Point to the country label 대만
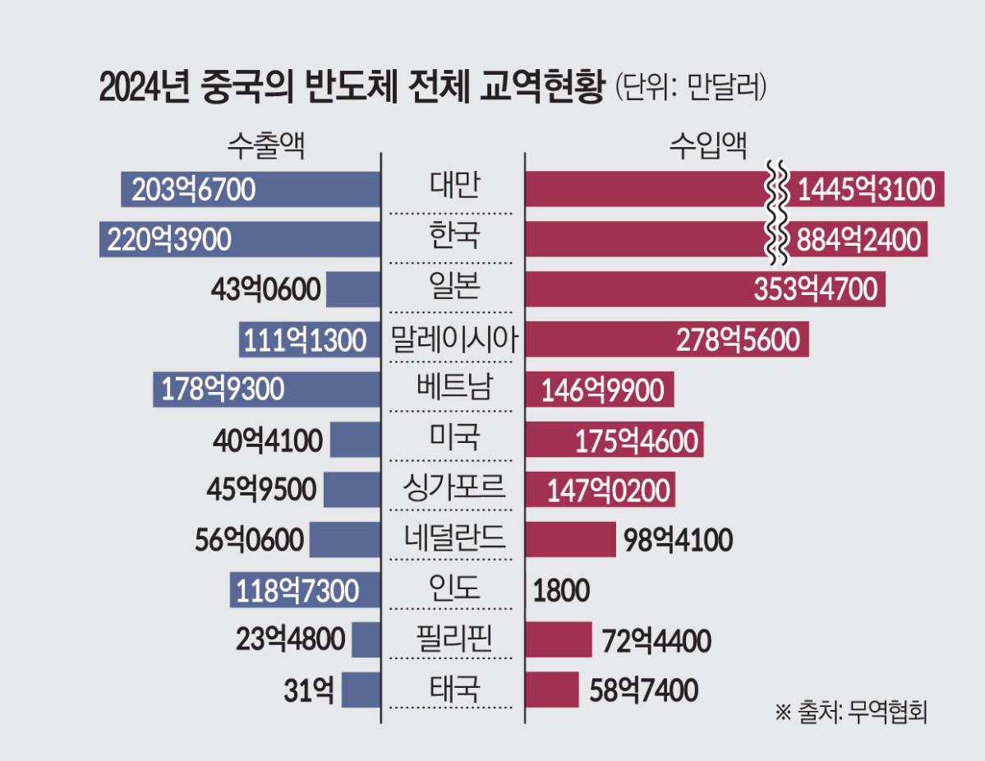453,188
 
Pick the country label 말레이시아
453,339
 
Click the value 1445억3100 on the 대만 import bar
866,190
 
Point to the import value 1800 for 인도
562,590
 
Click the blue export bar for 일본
354,289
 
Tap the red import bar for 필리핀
559,639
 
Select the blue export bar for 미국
356,440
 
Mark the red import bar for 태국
552,690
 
